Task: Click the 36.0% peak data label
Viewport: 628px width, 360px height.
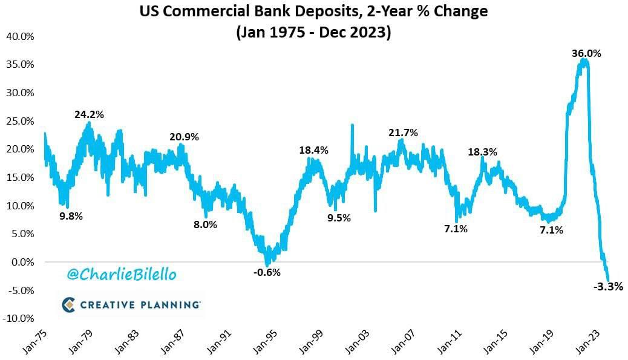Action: tap(586, 53)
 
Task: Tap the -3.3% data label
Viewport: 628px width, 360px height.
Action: tap(608, 287)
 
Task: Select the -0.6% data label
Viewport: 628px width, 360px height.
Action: tap(267, 272)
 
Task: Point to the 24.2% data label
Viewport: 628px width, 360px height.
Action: tap(90, 113)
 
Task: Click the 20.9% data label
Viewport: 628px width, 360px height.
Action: tap(184, 137)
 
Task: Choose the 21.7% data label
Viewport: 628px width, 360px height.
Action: tap(404, 133)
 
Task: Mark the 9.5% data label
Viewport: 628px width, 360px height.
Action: tap(339, 218)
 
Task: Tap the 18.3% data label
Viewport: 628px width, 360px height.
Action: tap(482, 152)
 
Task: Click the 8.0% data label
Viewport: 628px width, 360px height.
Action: tap(205, 224)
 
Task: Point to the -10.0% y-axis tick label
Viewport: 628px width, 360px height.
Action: tap(18, 318)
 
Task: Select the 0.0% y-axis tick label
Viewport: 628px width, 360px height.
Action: tap(21, 262)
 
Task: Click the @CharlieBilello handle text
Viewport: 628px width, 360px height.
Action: tap(122, 274)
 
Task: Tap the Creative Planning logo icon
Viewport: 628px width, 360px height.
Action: tap(69, 304)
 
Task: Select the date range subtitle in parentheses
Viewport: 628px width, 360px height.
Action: tap(313, 31)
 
